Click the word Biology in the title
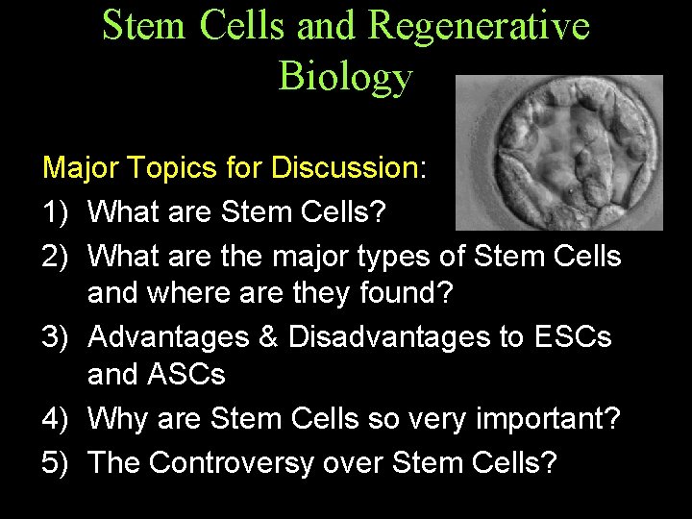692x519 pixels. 345,77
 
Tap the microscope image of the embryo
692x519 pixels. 558,152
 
